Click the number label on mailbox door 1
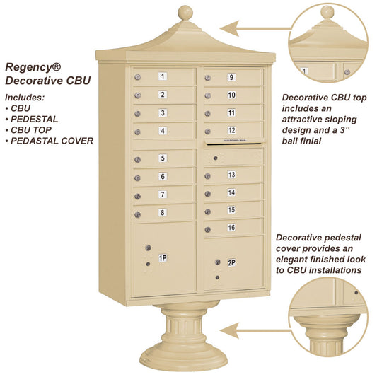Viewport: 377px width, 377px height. [163, 76]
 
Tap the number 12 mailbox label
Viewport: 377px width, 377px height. [231, 130]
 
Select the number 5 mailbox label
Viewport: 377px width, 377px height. [163, 158]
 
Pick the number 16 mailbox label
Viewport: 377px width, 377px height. [231, 227]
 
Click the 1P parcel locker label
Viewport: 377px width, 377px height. [162, 259]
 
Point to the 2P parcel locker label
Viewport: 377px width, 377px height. [231, 263]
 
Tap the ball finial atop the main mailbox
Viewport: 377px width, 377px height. [185, 13]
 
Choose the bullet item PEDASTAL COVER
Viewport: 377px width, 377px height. [53, 140]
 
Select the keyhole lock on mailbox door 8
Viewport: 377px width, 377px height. [139, 214]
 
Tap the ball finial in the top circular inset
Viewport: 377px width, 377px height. [327, 12]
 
